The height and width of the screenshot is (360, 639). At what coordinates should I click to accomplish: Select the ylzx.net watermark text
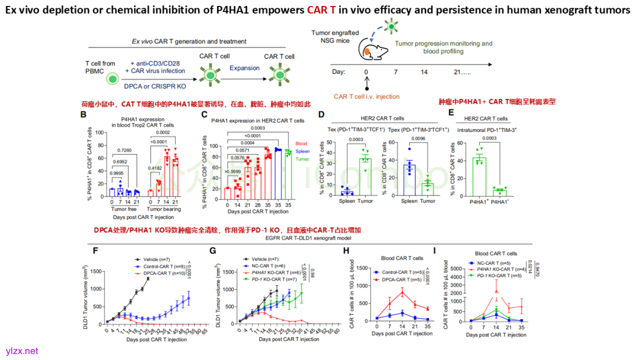pos(22,351)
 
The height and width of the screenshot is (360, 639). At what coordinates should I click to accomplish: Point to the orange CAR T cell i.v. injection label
pos(366,97)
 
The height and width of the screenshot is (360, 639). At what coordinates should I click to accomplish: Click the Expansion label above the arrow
pos(244,68)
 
